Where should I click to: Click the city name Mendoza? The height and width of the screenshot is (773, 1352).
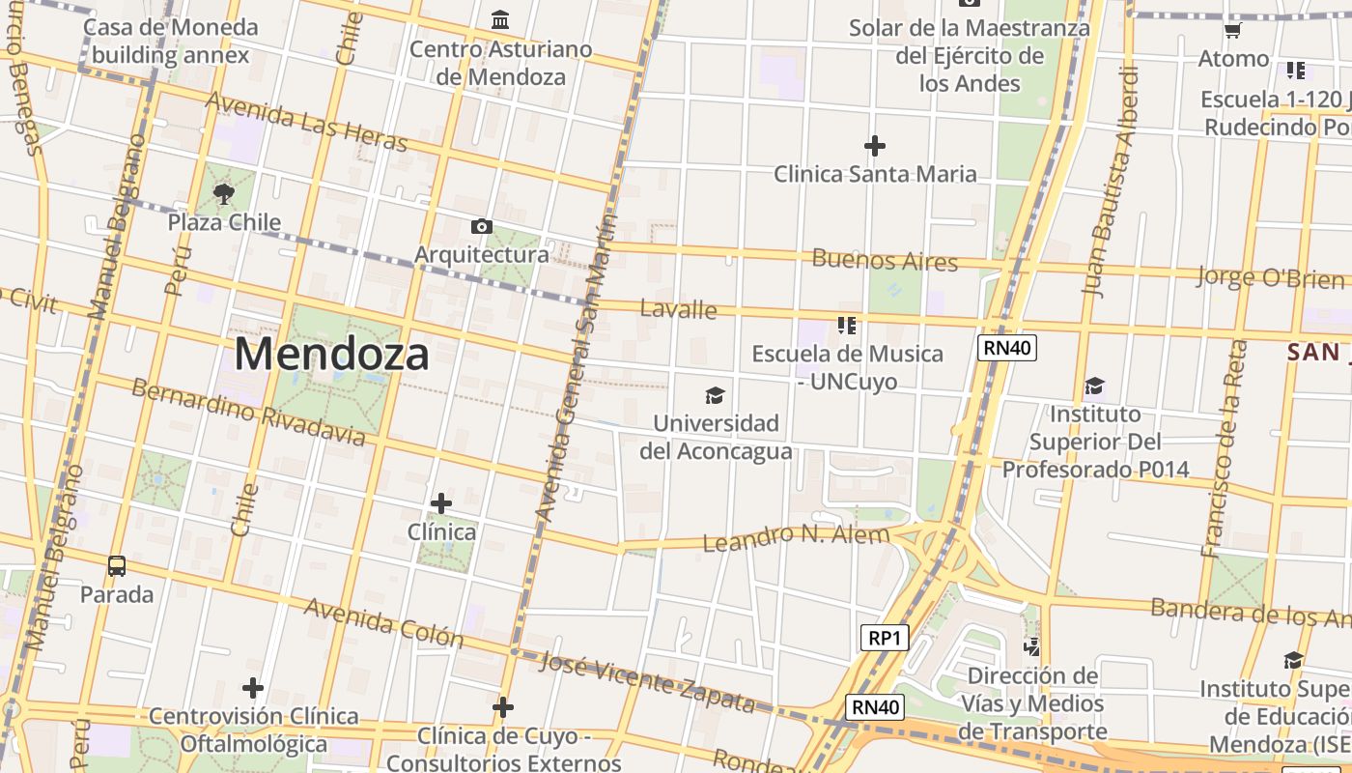[331, 355]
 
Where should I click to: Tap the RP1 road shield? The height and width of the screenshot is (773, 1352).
[884, 638]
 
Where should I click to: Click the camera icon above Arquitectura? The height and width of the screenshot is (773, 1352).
[481, 227]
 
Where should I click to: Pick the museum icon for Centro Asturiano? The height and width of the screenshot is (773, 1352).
[500, 19]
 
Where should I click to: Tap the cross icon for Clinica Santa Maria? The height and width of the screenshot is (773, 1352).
[875, 146]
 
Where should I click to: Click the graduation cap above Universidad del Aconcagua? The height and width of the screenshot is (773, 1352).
[715, 395]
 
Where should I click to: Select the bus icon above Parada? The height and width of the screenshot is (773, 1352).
[117, 566]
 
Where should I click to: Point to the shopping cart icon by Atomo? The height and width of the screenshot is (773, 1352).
[1232, 31]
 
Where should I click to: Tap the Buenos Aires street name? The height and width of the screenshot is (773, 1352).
[885, 260]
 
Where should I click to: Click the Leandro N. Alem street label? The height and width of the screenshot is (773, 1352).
[796, 537]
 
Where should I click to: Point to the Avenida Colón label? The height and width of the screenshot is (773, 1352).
[383, 622]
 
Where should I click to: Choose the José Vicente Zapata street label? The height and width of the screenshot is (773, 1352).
[646, 680]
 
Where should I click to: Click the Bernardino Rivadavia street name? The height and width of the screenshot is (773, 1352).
[248, 413]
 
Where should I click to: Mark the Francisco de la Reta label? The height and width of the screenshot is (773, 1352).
[1224, 448]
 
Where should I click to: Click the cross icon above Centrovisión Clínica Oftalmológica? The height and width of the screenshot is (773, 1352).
[253, 688]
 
